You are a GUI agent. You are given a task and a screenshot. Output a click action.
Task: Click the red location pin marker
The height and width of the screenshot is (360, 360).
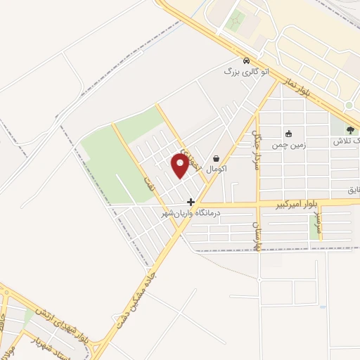[x=180, y=165]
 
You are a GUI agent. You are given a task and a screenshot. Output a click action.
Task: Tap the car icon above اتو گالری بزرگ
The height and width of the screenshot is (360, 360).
[x=245, y=60]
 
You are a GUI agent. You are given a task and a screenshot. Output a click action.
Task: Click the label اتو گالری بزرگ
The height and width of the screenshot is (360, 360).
[x=246, y=72]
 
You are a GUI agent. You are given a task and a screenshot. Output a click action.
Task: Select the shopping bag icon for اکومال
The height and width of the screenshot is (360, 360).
[x=216, y=158]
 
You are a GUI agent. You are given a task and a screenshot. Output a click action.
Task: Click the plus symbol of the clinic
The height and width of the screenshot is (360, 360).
[x=191, y=201]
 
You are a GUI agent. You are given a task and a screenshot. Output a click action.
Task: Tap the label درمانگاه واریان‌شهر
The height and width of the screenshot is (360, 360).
[x=192, y=212]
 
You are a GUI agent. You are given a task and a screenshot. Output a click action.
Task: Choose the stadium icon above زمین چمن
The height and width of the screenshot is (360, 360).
[x=288, y=134]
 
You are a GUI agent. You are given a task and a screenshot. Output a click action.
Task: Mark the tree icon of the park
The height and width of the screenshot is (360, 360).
[x=351, y=129]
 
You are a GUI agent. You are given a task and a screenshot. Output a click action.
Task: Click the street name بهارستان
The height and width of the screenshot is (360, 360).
[x=257, y=235]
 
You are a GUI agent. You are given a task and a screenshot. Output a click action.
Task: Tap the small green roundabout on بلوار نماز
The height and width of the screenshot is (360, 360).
[x=349, y=105]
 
